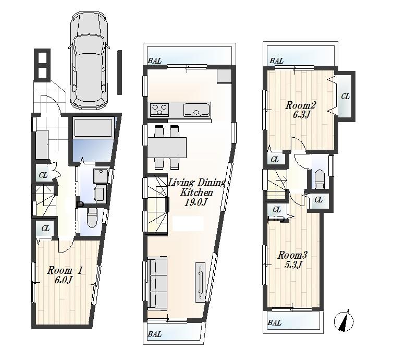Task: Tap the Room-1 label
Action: pos(65,270)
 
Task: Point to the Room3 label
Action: pos(292,255)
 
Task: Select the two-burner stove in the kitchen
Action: pos(159,110)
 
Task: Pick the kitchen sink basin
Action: pos(197,110)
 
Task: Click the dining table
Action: pos(167,147)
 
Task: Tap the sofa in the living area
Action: pos(157,282)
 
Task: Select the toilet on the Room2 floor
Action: pos(319,179)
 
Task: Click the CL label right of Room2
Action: pos(345,97)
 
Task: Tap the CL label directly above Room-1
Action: pos(45,228)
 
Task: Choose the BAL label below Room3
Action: pos(274,323)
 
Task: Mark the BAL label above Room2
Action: pos(277,61)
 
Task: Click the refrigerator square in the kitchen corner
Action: pos(224,76)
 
